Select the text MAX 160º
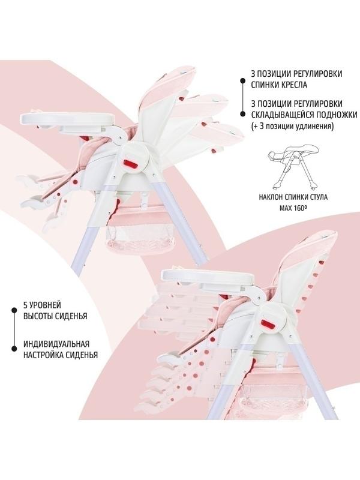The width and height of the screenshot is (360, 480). tap(293, 208)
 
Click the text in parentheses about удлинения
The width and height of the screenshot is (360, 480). tap(292, 126)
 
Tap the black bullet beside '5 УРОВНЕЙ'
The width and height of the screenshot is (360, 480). tap(14, 310)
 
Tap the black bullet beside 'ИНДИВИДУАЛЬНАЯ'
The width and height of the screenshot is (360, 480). tap(14, 349)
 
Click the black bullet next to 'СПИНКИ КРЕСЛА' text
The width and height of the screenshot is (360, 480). tap(242, 80)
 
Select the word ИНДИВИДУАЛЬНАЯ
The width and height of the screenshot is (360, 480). tap(56, 344)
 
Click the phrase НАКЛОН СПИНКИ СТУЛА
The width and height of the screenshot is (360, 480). tap(293, 197)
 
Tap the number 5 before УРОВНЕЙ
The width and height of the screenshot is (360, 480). tap(25, 305)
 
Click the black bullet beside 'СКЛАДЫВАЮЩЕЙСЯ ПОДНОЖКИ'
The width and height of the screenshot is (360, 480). tap(242, 114)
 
